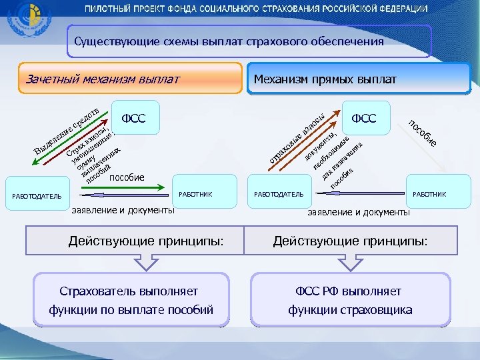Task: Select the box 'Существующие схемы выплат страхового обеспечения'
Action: point(249,41)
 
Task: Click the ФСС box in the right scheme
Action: point(364,118)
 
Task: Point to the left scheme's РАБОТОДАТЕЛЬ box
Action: point(37,196)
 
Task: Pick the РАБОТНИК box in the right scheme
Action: point(429,194)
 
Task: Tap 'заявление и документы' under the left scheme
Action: point(123,210)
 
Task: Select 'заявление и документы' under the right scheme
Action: point(358,212)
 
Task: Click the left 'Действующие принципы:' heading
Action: point(136,241)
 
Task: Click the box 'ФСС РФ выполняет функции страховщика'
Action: point(350,301)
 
